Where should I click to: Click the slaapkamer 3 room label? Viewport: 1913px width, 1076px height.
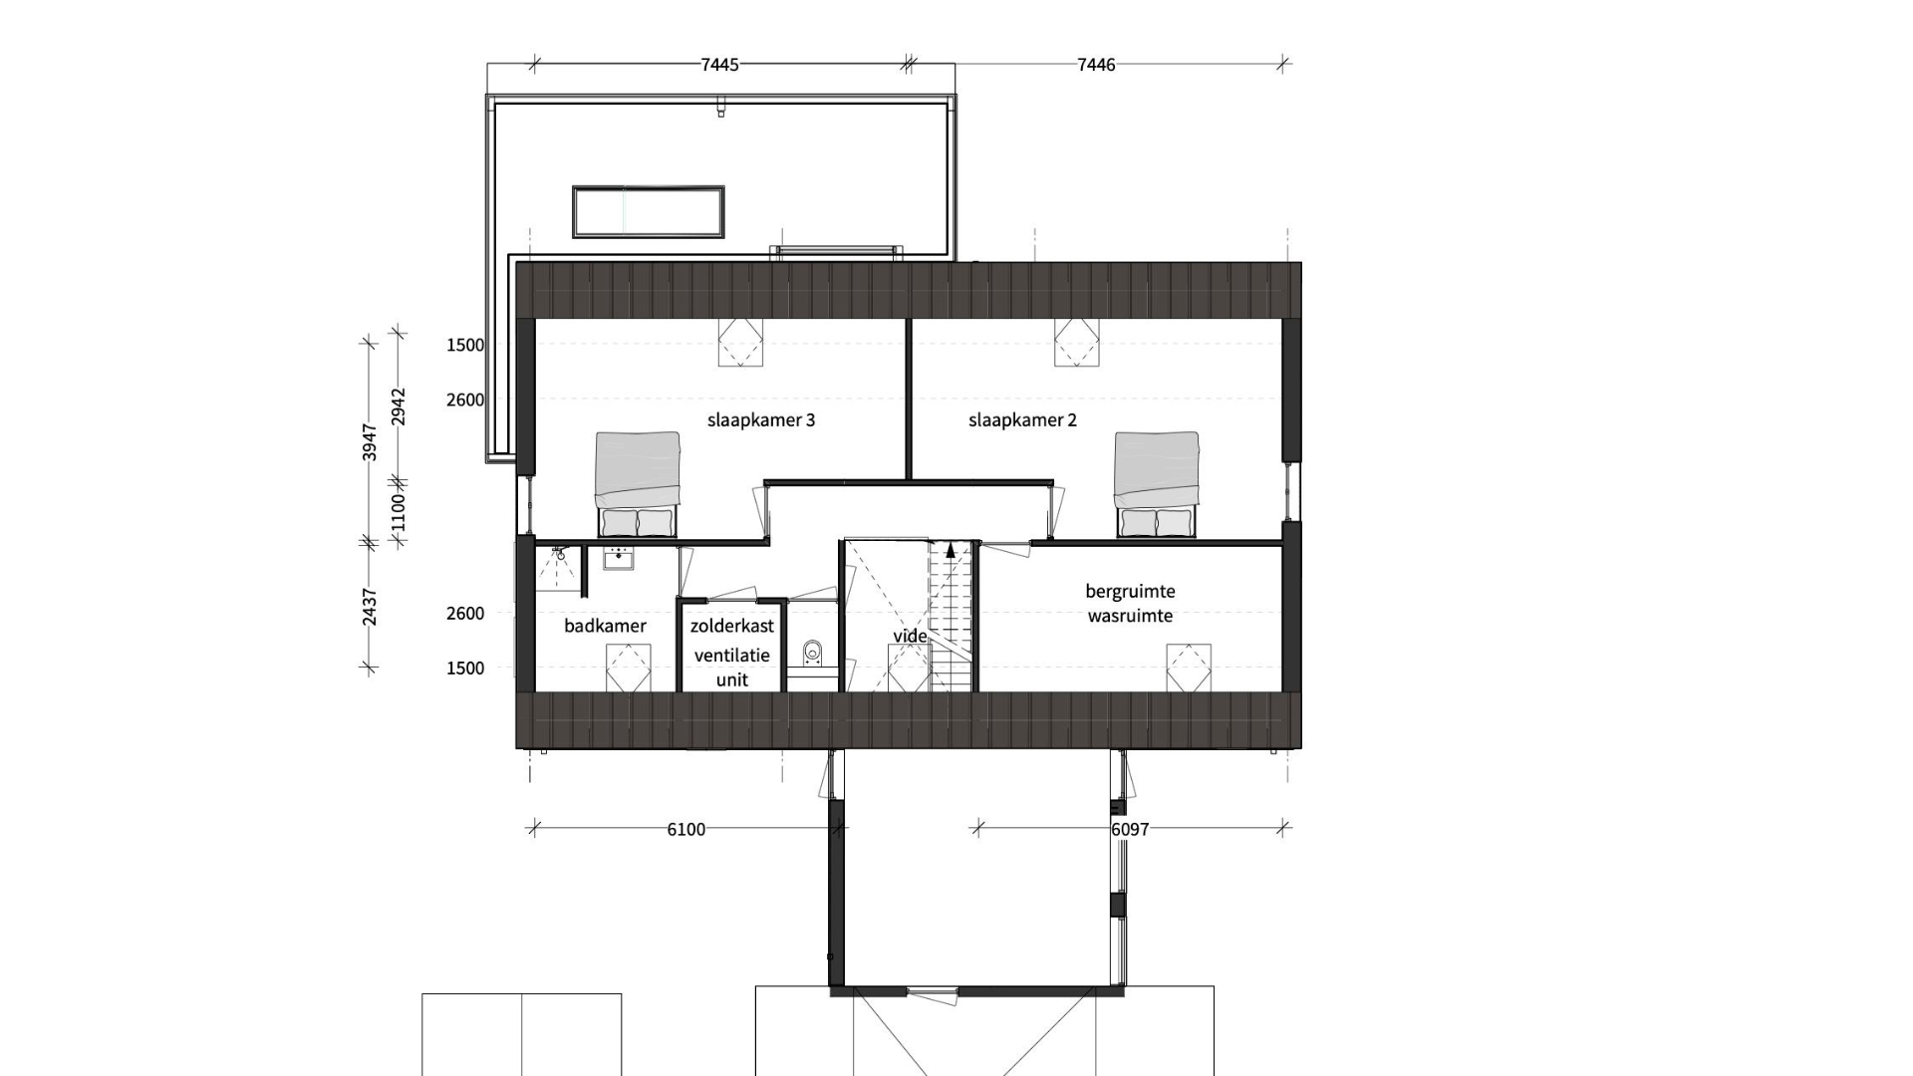pos(761,420)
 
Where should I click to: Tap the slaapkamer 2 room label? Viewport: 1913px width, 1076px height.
pos(1022,420)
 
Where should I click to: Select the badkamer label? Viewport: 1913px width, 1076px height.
pos(605,626)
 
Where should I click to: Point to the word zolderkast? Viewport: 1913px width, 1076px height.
pos(732,626)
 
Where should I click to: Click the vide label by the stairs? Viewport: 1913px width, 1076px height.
pos(910,636)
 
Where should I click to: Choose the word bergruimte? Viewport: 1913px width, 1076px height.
pos(1130,591)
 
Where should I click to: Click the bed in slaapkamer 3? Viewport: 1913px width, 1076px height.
pos(638,484)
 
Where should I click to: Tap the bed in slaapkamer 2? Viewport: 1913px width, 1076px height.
pos(1157,484)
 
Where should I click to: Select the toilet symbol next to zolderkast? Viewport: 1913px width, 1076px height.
pos(812,654)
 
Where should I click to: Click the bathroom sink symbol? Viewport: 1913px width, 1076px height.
pos(618,558)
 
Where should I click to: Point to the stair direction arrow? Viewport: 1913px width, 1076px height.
pos(951,548)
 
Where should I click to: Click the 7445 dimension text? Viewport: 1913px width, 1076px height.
pos(719,65)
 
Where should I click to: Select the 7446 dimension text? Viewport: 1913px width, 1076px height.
pos(1096,65)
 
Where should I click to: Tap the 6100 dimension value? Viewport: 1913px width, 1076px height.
pos(685,829)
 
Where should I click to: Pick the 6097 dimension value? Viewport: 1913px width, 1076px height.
pos(1130,829)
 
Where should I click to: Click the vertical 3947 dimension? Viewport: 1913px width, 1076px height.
pos(370,441)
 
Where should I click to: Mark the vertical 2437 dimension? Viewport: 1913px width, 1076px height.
pos(370,606)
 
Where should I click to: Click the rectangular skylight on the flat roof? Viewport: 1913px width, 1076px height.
pos(648,211)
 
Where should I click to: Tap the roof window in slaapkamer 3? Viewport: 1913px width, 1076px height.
pos(740,343)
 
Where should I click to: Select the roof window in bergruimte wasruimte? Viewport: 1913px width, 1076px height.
pos(1189,668)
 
